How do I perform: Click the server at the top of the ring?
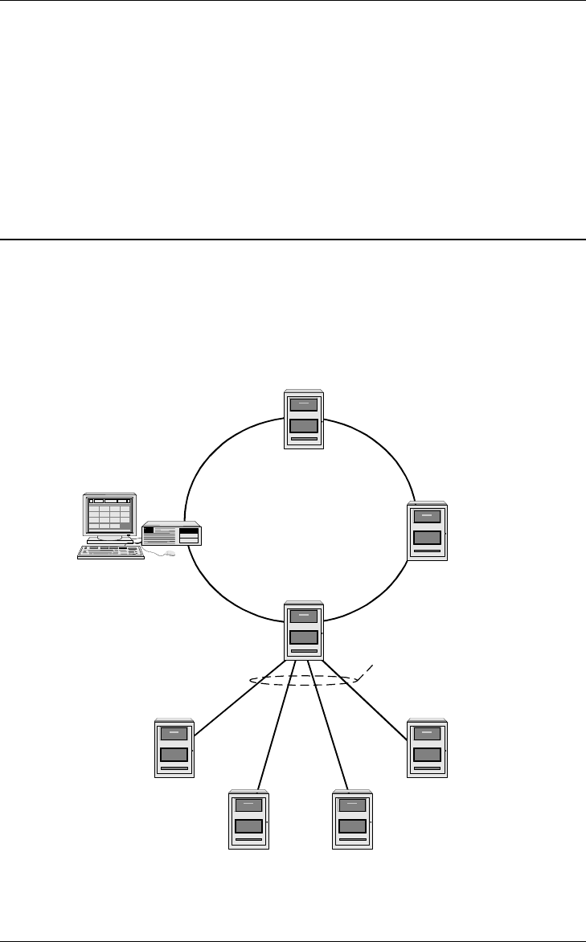point(304,419)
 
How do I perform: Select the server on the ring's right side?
point(427,530)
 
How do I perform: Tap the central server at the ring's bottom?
point(304,630)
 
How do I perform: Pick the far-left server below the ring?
point(174,747)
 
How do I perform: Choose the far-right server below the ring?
point(427,747)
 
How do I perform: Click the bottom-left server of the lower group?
point(248,820)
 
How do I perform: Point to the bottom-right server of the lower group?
point(353,820)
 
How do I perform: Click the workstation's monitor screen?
point(109,515)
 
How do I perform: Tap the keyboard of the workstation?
point(110,552)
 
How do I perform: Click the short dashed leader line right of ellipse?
point(366,671)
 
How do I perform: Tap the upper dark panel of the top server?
point(304,405)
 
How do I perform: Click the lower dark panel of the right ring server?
point(427,538)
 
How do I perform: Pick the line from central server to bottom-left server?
point(273,723)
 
